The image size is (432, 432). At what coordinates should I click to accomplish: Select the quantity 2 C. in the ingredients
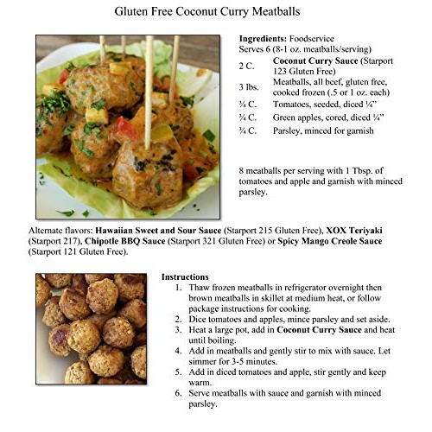(x=247, y=66)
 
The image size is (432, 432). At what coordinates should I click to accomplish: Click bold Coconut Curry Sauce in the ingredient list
(x=312, y=61)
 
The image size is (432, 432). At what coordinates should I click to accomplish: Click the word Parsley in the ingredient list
(x=289, y=131)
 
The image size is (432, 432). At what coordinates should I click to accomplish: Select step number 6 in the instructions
(x=178, y=394)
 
